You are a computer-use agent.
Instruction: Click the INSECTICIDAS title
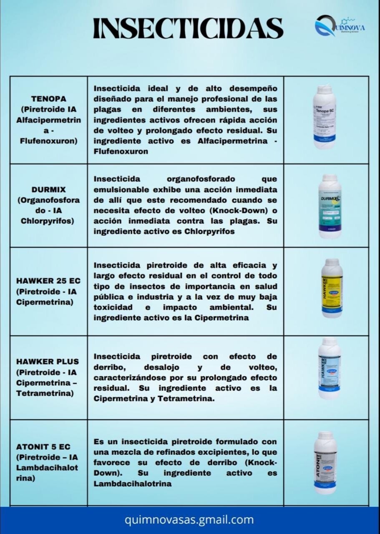coord(188,28)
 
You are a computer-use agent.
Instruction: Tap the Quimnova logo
coord(339,26)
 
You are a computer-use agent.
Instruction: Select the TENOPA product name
coord(48,99)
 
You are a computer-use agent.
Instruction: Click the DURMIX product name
coord(48,189)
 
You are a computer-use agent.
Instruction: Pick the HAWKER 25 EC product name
coord(48,281)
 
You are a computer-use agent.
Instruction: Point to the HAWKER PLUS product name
coord(48,361)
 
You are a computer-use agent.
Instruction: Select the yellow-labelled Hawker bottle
coord(332,288)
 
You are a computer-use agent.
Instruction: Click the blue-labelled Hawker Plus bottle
coord(329,368)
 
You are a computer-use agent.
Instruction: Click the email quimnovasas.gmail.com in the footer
coord(189,520)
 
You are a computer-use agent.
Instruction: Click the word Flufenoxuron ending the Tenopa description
coord(121,151)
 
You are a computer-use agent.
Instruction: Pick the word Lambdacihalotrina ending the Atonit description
coord(132,484)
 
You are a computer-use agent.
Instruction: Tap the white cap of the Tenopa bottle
coord(325,89)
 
